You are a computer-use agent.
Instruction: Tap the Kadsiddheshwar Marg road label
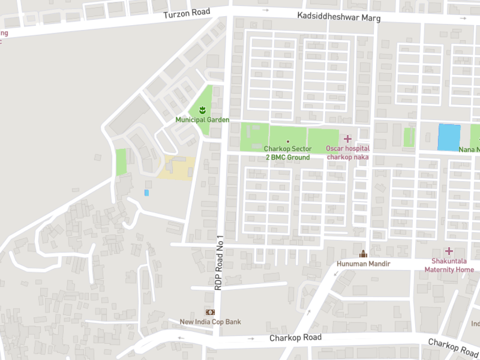point(339,17)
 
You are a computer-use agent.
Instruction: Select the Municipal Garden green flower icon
point(202,109)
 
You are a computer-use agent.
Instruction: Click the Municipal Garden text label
point(202,120)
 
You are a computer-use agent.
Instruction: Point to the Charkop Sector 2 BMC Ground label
point(288,153)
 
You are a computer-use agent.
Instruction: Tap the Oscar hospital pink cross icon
point(347,139)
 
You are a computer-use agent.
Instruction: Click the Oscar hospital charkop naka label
point(347,153)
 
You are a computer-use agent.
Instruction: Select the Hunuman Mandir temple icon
point(363,254)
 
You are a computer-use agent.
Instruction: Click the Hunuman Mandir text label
point(363,264)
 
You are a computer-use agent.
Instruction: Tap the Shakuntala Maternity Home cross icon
point(449,251)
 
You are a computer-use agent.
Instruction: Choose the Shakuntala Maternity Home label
point(449,266)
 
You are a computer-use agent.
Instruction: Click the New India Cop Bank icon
point(210,312)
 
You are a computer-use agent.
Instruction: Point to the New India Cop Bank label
point(210,322)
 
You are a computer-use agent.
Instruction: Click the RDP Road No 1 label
point(219,263)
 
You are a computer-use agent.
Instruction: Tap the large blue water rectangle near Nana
point(449,137)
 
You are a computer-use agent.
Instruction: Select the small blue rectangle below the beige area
point(146,193)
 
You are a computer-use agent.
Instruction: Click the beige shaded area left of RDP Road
point(178,167)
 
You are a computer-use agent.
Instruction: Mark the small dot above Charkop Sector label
point(288,141)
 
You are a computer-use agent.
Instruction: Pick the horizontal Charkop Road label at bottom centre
point(296,338)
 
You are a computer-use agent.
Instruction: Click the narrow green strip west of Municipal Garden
point(121,162)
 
